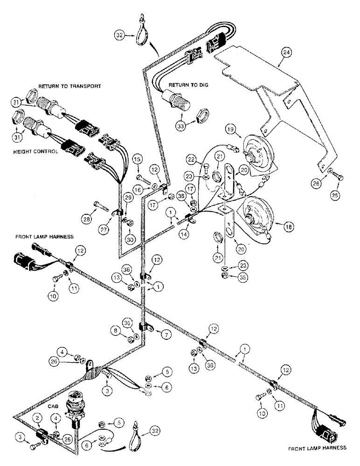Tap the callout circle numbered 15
point(138,160)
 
